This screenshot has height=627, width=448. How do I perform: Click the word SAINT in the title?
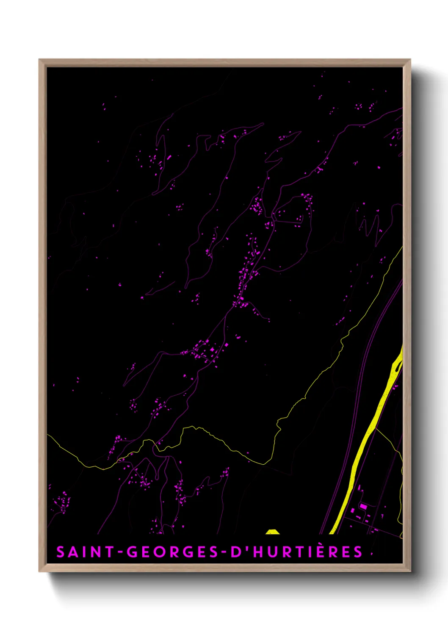(85, 552)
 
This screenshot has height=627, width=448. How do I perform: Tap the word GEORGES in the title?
(171, 552)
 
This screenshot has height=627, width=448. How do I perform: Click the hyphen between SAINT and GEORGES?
(121, 552)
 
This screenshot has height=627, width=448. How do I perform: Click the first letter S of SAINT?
(61, 552)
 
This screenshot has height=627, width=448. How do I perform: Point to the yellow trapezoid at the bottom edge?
(273, 532)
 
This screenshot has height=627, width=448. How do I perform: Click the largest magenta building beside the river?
(363, 506)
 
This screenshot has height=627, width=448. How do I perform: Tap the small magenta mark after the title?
(372, 553)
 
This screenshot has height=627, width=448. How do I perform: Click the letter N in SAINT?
(98, 552)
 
